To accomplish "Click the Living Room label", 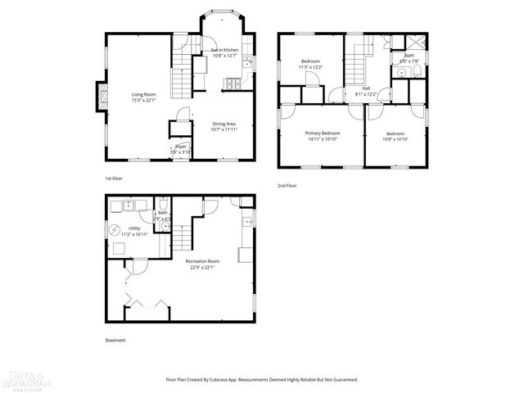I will (x=144, y=94).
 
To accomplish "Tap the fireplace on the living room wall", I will (x=101, y=96).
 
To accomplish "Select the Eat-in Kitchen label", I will (x=224, y=50).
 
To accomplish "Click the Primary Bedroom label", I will (x=323, y=133).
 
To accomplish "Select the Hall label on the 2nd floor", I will (x=366, y=88).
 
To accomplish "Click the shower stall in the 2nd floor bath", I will (x=418, y=44).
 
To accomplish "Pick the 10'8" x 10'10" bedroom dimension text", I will (x=395, y=138).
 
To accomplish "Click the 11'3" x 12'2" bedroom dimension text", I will (x=310, y=66).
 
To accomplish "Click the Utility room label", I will (x=133, y=229).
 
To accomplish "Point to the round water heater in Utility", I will (x=115, y=229).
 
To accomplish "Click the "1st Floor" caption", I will (x=115, y=178).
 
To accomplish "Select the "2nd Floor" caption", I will (x=287, y=186).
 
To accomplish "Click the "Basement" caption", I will (x=115, y=340).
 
